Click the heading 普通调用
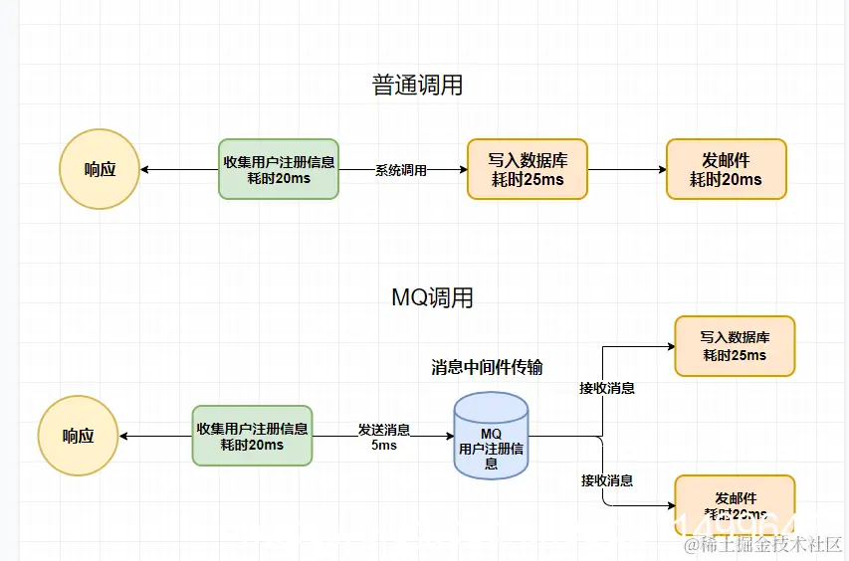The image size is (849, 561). click(x=417, y=86)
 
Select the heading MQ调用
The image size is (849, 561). click(x=432, y=297)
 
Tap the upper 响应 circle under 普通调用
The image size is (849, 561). click(x=100, y=169)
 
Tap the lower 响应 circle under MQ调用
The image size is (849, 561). click(x=78, y=436)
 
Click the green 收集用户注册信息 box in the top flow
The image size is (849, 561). click(x=279, y=169)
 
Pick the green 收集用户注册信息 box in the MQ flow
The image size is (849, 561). click(x=252, y=436)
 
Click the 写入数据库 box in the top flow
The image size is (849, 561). click(x=527, y=169)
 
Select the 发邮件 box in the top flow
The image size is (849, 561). click(x=726, y=169)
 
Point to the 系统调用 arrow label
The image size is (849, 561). click(x=401, y=170)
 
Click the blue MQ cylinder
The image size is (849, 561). click(x=491, y=437)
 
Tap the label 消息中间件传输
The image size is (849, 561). click(x=487, y=367)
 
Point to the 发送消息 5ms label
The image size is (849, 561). click(x=384, y=438)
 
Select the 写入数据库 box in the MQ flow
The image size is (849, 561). click(x=735, y=346)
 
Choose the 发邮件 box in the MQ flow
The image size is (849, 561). click(x=735, y=504)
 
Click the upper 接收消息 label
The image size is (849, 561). click(x=607, y=388)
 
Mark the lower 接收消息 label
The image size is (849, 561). click(x=607, y=480)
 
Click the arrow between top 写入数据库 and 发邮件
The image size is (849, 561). click(x=626, y=170)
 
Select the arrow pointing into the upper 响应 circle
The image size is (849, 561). click(x=179, y=170)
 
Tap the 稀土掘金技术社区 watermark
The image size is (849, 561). click(x=762, y=544)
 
